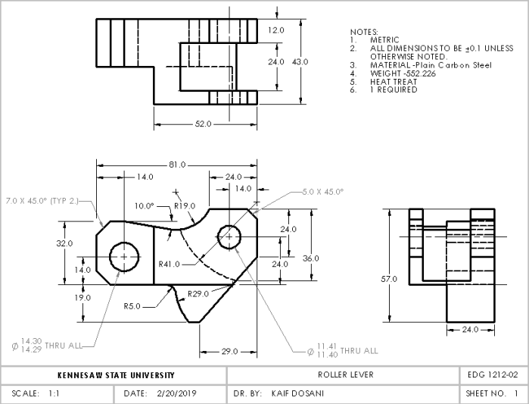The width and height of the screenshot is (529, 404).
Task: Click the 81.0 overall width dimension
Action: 177,164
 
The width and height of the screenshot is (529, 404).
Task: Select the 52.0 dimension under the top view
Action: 203,124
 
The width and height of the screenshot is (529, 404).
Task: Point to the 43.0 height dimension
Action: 300,61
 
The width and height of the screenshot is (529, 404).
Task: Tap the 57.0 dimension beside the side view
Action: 389,279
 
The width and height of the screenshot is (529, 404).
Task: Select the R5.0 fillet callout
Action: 133,307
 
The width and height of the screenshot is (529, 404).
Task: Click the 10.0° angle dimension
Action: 144,205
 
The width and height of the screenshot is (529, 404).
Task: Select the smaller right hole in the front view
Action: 229,236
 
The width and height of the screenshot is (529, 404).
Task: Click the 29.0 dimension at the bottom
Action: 230,352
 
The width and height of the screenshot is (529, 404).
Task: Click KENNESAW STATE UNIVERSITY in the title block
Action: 116,375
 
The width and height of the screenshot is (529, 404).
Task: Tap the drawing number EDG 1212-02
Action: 493,375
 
